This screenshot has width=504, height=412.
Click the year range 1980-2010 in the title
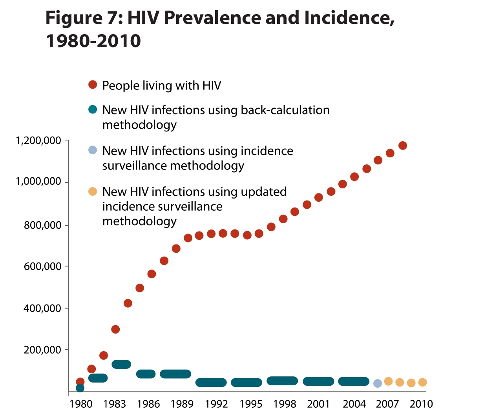coord(93,41)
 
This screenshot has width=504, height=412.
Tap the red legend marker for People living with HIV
coord(93,85)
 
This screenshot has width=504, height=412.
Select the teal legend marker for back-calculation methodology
coord(93,109)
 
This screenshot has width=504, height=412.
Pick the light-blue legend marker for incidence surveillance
coord(93,150)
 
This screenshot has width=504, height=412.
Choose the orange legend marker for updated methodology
coord(93,191)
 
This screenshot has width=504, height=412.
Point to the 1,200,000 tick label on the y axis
coord(38,140)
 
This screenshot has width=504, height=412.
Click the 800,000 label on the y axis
coord(42,225)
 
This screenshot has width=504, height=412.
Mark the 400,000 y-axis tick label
coord(42,308)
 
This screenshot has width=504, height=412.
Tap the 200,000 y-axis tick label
coord(42,350)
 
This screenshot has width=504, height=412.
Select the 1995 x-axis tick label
coord(251,404)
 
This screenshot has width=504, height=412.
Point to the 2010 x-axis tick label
coord(421,404)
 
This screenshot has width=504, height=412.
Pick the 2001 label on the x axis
coord(318,404)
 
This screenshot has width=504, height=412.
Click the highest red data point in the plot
coord(403,146)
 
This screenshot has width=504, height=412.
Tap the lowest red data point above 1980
coord(80,382)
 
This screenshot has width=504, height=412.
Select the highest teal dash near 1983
coord(121,364)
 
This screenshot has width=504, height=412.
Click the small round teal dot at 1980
coord(80,388)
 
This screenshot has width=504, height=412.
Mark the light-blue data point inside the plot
coord(378,383)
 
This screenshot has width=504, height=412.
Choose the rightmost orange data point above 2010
coord(422,382)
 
